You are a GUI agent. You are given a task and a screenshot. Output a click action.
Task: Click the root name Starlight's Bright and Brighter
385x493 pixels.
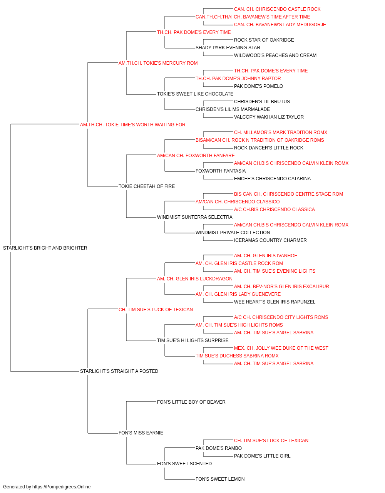tap(45, 248)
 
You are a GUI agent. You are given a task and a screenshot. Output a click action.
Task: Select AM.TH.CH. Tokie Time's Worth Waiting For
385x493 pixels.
tap(133, 124)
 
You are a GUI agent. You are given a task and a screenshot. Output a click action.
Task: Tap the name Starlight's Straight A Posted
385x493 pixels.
tap(119, 371)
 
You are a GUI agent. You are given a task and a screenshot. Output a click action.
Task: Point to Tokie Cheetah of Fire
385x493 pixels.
tap(146, 186)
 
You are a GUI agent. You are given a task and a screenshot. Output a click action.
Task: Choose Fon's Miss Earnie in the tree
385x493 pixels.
tap(141, 433)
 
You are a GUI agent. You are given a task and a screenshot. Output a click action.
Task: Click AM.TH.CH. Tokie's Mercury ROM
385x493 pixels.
tap(158, 63)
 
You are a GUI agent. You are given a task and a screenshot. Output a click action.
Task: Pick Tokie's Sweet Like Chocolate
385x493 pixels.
tap(195, 94)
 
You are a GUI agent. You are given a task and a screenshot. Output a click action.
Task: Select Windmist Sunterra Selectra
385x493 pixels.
tap(194, 217)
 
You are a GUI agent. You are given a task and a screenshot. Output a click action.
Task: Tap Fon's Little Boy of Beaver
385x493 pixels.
tap(191, 402)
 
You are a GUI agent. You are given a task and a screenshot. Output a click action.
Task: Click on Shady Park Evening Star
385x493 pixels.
tap(228, 48)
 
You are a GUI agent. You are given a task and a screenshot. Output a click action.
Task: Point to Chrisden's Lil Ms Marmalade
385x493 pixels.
tap(233, 109)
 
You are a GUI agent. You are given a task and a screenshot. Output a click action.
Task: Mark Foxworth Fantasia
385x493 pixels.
tap(220, 171)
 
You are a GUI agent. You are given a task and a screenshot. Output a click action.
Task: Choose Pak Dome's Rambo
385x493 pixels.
tap(219, 448)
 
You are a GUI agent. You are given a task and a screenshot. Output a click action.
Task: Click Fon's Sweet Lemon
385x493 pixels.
tap(220, 479)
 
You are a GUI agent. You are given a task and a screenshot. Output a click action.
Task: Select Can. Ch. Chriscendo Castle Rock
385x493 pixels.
tap(277, 9)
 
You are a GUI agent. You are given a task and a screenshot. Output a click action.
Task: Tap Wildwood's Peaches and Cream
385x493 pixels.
tap(275, 55)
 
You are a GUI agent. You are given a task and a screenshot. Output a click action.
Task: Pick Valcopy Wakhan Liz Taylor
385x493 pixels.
tap(269, 117)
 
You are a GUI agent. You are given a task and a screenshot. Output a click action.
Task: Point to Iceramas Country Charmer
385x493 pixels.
tap(270, 240)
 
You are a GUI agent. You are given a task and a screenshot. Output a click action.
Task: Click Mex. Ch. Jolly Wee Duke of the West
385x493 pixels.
tap(281, 348)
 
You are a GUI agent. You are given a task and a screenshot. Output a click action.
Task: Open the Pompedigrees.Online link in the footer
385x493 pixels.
tap(61, 487)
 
